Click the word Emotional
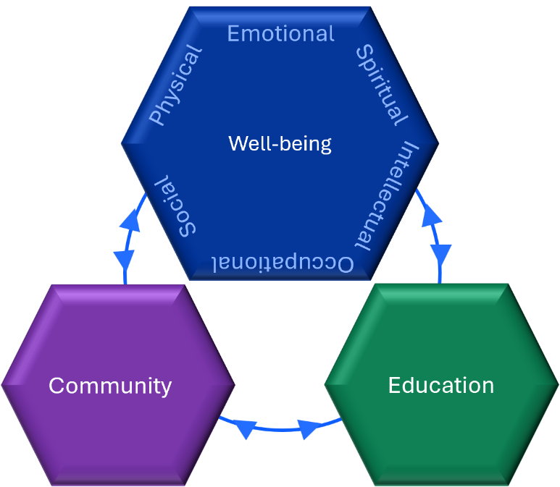click(x=280, y=33)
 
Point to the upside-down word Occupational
click(x=283, y=263)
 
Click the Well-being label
click(x=280, y=143)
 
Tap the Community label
click(x=110, y=385)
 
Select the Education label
click(x=440, y=385)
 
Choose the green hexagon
click(x=442, y=441)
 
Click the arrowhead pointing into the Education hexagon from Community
click(x=311, y=429)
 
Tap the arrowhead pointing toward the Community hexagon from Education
click(x=246, y=430)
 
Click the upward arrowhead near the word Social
click(x=131, y=218)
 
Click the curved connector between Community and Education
click(x=279, y=429)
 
